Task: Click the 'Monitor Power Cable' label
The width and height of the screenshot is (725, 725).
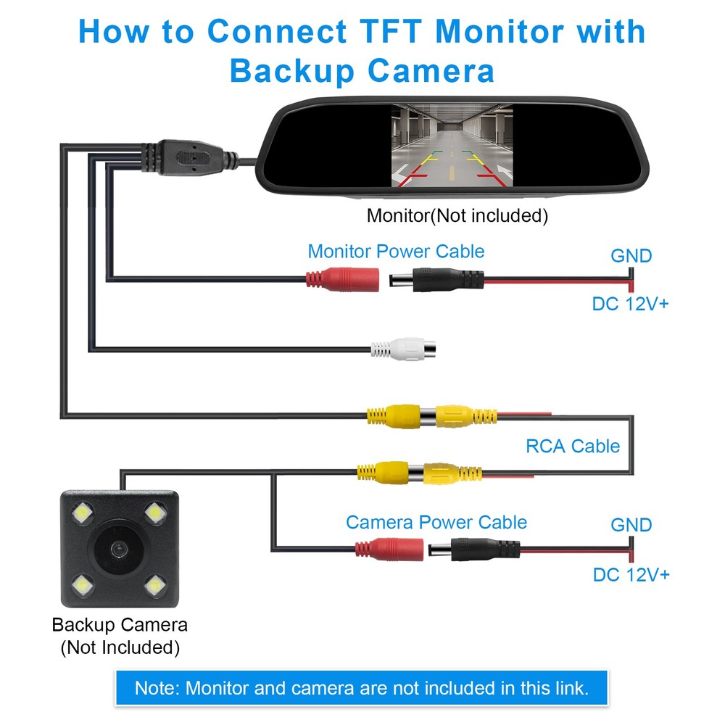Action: [x=396, y=252]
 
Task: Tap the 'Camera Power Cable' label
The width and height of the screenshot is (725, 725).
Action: [x=436, y=522]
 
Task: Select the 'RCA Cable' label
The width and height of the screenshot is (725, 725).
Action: [x=573, y=446]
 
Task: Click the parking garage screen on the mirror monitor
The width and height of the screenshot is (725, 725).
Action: [x=452, y=146]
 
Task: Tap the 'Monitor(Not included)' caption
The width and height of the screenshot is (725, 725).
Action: [x=457, y=215]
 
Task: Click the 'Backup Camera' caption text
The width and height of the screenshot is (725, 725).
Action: [x=120, y=624]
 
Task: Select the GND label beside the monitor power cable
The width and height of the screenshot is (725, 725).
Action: [x=631, y=256]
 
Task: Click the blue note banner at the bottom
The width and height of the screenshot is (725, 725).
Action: [x=361, y=687]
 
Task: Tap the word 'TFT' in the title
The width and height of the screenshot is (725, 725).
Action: [x=389, y=33]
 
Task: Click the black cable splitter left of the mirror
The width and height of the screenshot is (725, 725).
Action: [x=184, y=155]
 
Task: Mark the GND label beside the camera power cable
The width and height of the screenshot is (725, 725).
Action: [x=631, y=524]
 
